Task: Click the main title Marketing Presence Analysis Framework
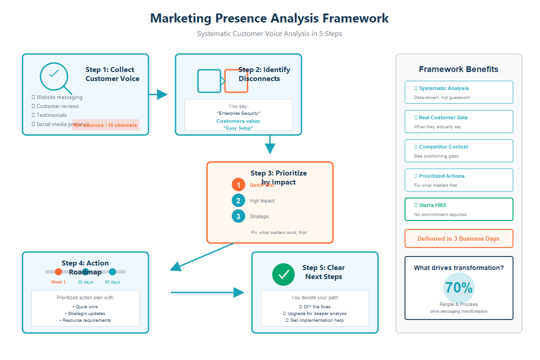tap(269, 18)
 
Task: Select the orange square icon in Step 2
tap(236, 81)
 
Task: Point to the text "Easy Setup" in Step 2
tap(238, 128)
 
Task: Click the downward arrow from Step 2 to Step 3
tap(270, 145)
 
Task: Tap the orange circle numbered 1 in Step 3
tap(238, 185)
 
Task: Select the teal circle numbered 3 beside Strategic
tap(238, 216)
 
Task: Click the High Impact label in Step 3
tap(262, 201)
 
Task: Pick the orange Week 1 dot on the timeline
tap(58, 272)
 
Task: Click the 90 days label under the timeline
tap(112, 282)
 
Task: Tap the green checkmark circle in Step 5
tap(283, 274)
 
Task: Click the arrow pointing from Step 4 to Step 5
tap(207, 292)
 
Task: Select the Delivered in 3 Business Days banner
tap(458, 239)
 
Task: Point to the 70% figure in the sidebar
tap(459, 288)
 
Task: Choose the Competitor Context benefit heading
tap(443, 147)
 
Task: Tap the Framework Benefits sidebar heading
tap(459, 69)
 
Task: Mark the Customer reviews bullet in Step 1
tap(57, 106)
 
